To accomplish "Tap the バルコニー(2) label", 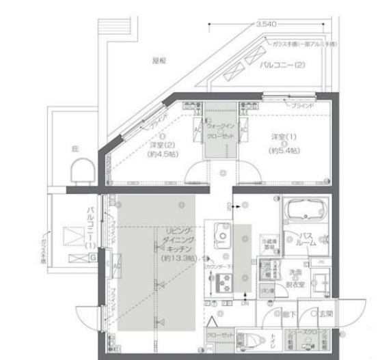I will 282,66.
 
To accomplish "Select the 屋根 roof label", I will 159,60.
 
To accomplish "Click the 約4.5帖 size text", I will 162,155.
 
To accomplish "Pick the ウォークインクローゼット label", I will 219,130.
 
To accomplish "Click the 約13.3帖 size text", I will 178,260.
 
